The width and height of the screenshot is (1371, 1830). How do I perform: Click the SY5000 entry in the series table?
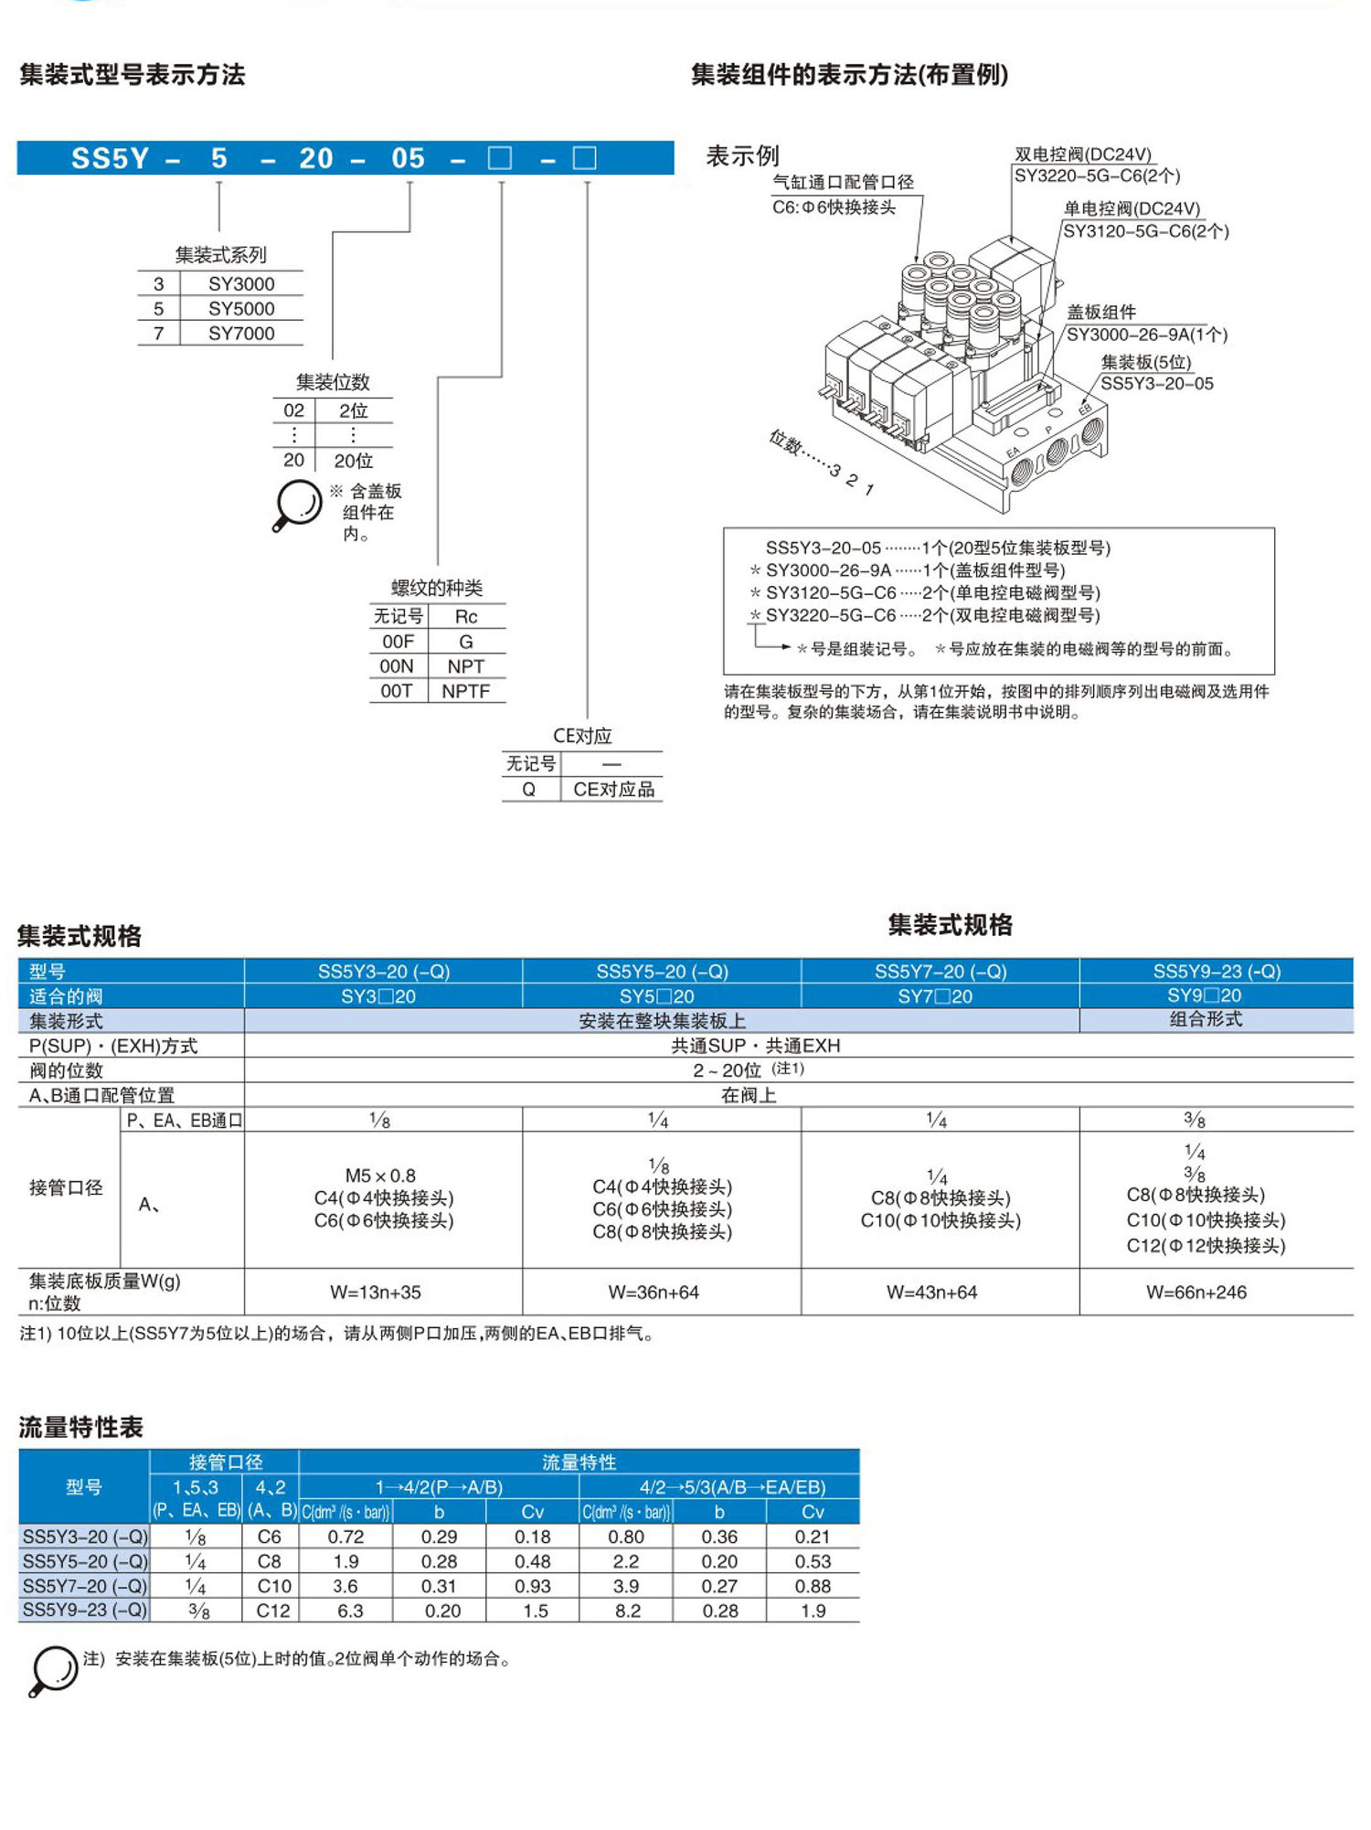240,309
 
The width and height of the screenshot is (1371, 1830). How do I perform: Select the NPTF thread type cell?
465,691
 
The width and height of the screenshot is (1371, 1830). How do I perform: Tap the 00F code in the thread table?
398,642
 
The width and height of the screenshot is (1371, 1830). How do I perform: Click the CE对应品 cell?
613,789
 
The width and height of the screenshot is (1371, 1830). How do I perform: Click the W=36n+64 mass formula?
654,1292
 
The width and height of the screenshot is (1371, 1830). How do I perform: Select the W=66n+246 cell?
1196,1292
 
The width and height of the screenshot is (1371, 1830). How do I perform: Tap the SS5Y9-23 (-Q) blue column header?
1217,971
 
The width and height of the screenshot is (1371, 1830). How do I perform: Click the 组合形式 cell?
1206,1019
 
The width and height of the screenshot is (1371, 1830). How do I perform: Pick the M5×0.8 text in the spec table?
380,1176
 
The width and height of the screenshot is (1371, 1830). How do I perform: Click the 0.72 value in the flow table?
345,1537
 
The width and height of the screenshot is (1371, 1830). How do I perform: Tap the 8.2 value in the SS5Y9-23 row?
627,1611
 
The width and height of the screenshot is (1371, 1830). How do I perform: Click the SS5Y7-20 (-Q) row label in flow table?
84,1586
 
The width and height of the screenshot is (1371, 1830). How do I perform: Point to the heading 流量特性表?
81,1427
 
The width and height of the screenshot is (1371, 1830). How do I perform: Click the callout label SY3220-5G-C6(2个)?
1097,176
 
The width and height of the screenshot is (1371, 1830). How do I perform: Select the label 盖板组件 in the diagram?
1101,313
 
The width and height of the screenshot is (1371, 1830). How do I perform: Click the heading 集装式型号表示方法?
133,75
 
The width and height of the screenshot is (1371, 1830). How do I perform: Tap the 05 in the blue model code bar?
408,158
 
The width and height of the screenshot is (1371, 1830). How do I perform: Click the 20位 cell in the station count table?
353,461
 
